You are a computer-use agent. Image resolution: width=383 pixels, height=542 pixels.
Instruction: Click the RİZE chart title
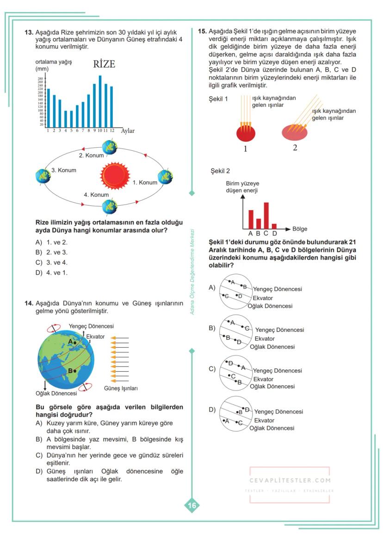tap(104, 64)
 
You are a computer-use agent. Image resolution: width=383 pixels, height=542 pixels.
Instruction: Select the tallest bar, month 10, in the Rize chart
tap(100, 101)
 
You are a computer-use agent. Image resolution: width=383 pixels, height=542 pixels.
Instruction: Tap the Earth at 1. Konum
tap(165, 177)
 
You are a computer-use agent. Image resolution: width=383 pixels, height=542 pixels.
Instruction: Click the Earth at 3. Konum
tap(43, 176)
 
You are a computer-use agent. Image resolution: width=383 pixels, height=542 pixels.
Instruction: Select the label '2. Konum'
tap(91, 156)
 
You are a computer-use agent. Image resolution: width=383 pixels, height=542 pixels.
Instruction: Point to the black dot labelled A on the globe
tap(75, 343)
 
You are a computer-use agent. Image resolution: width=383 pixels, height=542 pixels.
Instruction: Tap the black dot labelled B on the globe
tap(75, 371)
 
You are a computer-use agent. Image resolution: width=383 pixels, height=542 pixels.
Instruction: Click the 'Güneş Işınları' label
tap(121, 388)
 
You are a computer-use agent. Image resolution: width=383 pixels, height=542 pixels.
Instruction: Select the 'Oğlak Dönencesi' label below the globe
tap(56, 393)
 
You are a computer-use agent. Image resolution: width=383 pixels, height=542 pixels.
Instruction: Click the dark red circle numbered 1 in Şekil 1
tap(246, 133)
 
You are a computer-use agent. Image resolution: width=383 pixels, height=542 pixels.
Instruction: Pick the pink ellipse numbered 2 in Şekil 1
tap(294, 132)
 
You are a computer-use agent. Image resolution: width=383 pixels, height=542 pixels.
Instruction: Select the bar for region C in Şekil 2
tap(266, 215)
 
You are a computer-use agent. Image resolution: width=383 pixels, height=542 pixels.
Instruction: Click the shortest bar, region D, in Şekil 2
tap(274, 226)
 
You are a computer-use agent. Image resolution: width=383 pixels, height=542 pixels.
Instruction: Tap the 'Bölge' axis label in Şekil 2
tap(299, 229)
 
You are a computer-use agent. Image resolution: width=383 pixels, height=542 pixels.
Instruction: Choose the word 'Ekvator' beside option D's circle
tap(264, 420)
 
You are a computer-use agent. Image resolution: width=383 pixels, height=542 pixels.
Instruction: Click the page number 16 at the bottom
tap(191, 505)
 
